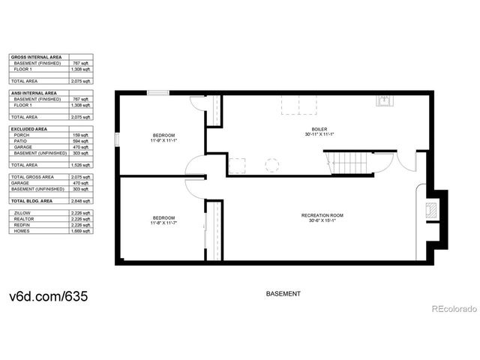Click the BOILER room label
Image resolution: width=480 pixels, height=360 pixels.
point(319,130)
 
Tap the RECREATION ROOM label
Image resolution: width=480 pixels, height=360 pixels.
point(322,215)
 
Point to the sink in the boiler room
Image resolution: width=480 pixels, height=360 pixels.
point(384,101)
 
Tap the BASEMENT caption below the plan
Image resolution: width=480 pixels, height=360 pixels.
point(284,293)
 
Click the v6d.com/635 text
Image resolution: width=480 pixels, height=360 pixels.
point(49,296)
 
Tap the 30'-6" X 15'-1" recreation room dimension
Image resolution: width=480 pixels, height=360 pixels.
point(322,221)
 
